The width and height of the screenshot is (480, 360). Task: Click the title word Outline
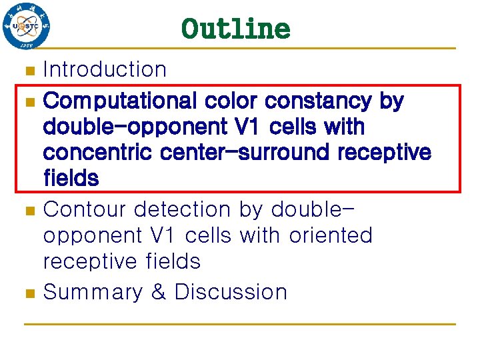[x=235, y=29]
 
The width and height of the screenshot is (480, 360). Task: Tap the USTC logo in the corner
[x=26, y=27]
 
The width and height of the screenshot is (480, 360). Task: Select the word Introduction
[x=105, y=69]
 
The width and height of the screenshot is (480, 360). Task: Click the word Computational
[x=120, y=101]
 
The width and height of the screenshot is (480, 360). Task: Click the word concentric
[x=99, y=153]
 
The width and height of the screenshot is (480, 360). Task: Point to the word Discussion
[x=231, y=292]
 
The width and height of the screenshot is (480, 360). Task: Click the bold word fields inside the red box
[x=71, y=178]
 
